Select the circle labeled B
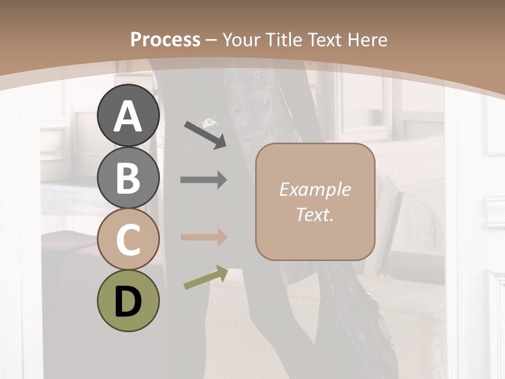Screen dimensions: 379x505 (128, 177)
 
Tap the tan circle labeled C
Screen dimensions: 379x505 (128, 240)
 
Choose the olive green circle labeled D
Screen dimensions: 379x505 (128, 301)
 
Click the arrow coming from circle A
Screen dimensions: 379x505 (205, 135)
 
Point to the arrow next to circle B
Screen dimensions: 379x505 (204, 180)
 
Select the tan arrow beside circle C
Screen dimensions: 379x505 (204, 237)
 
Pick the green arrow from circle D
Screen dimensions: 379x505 (206, 277)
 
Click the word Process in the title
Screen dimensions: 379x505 (165, 39)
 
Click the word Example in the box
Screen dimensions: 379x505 (315, 189)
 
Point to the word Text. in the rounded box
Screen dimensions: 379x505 (315, 214)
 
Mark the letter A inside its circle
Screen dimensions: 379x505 (128, 116)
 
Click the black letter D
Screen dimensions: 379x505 (128, 302)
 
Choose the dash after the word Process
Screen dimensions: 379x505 (211, 40)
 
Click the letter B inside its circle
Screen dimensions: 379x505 (128, 178)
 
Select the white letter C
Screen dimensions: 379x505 (128, 240)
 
